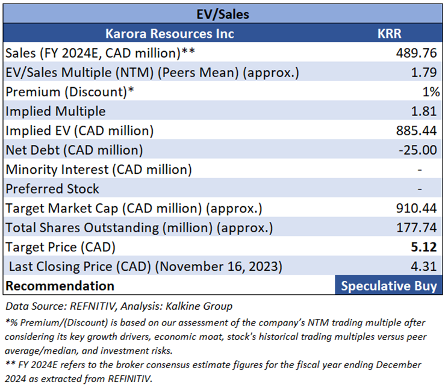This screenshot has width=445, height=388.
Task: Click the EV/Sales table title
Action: [222, 12]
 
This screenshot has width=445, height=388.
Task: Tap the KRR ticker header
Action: [388, 33]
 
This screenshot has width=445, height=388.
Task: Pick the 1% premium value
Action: [431, 92]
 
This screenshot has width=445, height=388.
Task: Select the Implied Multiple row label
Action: [55, 111]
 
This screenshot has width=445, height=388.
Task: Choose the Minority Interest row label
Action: [99, 170]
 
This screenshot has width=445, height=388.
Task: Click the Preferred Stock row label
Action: [52, 189]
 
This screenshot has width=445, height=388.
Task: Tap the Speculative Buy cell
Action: [388, 286]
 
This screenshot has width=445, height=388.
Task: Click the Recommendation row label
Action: [60, 286]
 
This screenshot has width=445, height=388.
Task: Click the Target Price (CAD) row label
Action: [60, 247]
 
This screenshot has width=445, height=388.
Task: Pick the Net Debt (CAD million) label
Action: [73, 150]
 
